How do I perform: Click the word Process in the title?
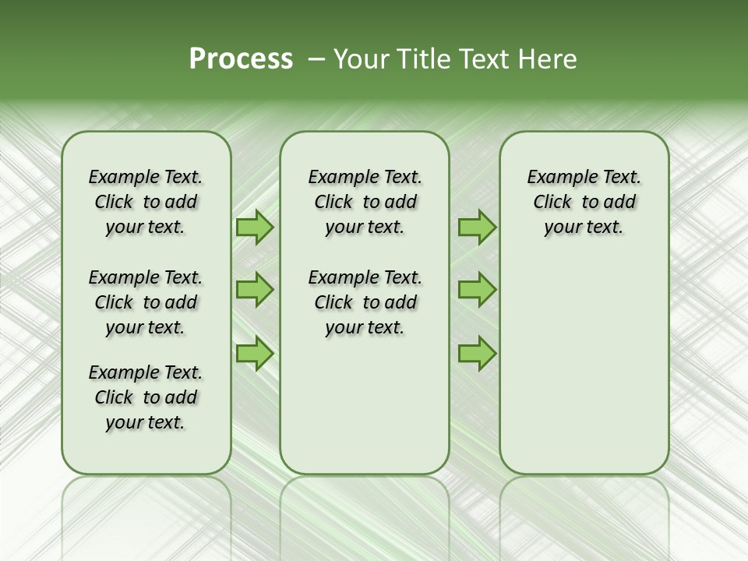pyautogui.click(x=241, y=59)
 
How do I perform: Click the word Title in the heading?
pyautogui.click(x=422, y=59)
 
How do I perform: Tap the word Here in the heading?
pyautogui.click(x=549, y=59)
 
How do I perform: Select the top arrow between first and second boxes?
pyautogui.click(x=255, y=228)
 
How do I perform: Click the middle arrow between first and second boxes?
pyautogui.click(x=255, y=290)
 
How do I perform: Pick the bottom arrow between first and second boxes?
pyautogui.click(x=255, y=354)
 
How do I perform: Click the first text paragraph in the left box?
pyautogui.click(x=146, y=202)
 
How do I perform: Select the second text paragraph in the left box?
pyautogui.click(x=146, y=302)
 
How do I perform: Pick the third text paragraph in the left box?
pyautogui.click(x=146, y=397)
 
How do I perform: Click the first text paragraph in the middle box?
pyautogui.click(x=365, y=202)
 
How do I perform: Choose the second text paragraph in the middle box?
pyautogui.click(x=365, y=302)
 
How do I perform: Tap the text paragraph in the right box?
pyautogui.click(x=584, y=202)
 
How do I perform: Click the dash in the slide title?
pyautogui.click(x=316, y=59)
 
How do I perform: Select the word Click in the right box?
pyautogui.click(x=552, y=202)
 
